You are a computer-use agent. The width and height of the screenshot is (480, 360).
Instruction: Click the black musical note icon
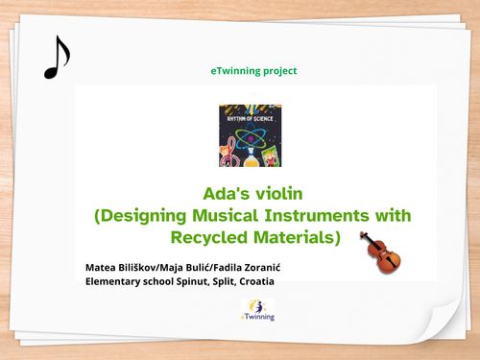point(57,58)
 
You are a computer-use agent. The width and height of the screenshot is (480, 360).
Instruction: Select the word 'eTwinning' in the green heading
point(234,71)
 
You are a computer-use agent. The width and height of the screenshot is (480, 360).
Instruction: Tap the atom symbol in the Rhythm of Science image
point(250,130)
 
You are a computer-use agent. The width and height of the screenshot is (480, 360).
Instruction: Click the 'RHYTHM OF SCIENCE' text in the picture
point(250,109)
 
